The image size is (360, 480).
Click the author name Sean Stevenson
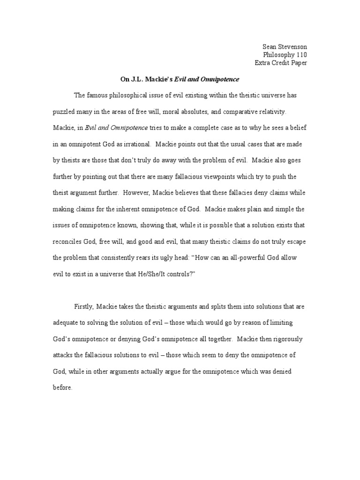[x=284, y=46]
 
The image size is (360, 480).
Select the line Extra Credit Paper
[x=281, y=63]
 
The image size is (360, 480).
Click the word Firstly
[x=84, y=307]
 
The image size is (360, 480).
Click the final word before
[x=62, y=388]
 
